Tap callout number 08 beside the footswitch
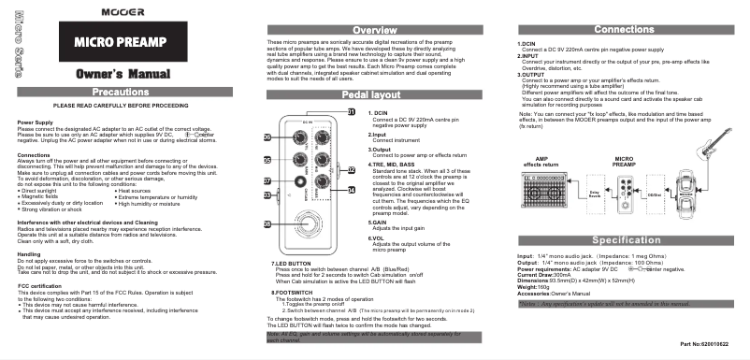point(267,224)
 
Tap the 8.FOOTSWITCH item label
point(286,293)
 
